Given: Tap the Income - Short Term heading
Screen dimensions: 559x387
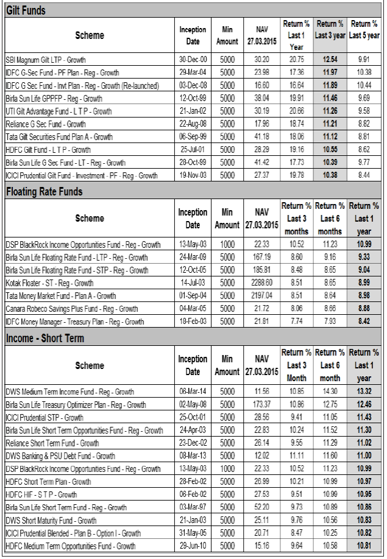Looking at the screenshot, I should [x=45, y=338].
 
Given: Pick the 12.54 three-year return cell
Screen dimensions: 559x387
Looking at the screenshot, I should [x=330, y=60].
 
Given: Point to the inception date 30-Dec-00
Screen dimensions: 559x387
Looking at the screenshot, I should [x=193, y=60].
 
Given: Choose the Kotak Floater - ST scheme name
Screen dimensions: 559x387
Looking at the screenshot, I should [x=49, y=283].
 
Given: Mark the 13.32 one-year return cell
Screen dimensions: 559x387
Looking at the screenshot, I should [x=364, y=392].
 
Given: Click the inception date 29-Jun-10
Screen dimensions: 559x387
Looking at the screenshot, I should [x=193, y=546].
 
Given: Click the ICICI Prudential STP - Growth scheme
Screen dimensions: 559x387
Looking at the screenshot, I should [x=44, y=418].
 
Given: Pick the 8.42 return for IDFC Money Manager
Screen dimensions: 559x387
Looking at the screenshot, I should [x=364, y=321].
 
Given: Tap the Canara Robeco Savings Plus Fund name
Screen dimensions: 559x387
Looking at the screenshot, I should [x=72, y=309].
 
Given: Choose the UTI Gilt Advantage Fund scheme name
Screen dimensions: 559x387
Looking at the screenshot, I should [x=59, y=111].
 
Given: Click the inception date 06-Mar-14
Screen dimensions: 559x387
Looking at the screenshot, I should [x=193, y=392].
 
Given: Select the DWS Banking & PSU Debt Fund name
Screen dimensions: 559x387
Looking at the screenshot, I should [x=60, y=456].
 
